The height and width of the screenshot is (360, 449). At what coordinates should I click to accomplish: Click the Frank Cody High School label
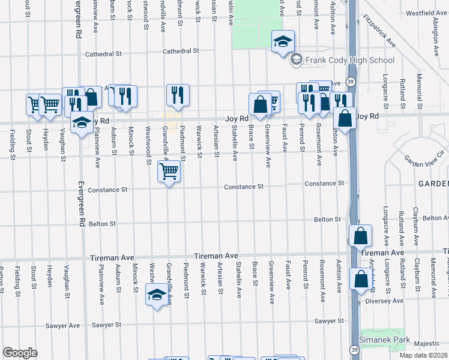point(350,60)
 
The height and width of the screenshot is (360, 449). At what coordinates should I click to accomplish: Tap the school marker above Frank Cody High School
point(283,42)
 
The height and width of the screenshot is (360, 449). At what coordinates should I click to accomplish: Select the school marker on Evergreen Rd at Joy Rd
point(82,124)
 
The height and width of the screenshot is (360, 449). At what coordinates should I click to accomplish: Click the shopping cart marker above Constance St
point(169,173)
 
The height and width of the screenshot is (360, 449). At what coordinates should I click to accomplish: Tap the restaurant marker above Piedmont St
point(178,95)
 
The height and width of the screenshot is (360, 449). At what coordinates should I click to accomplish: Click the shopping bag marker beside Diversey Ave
point(360,280)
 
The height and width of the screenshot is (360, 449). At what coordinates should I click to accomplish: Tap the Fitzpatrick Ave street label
point(379,31)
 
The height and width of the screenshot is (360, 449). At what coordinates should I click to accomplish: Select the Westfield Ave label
point(426,13)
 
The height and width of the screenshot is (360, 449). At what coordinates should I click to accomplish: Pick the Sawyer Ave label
point(64,326)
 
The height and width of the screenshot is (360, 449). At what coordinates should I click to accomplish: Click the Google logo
point(20,352)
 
